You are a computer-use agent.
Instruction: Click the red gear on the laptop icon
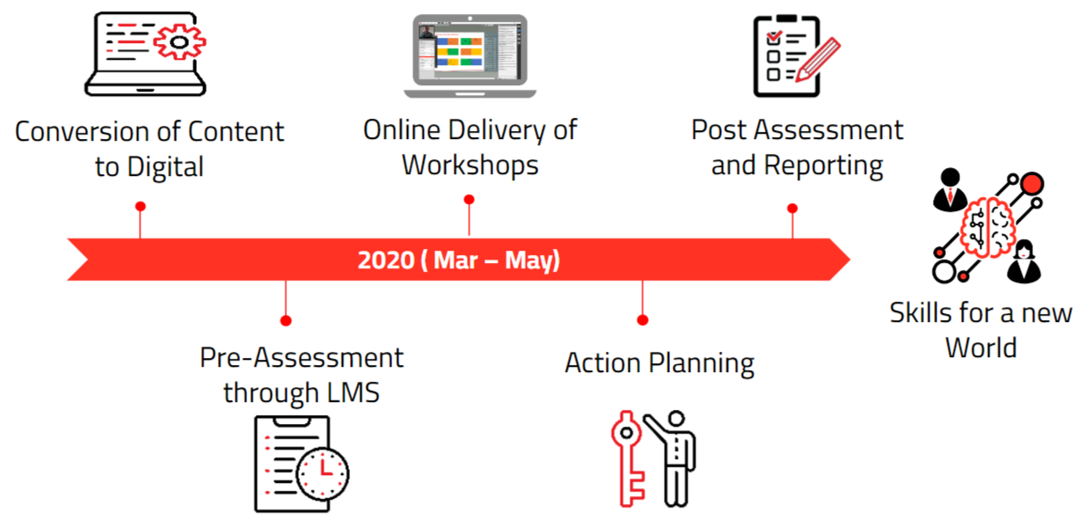pyautogui.click(x=179, y=41)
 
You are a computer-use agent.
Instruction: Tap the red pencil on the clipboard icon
pyautogui.click(x=818, y=60)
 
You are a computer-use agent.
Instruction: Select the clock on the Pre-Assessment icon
pyautogui.click(x=323, y=474)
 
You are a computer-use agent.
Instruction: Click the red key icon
pyautogui.click(x=627, y=458)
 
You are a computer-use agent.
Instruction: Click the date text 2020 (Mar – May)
pyautogui.click(x=458, y=259)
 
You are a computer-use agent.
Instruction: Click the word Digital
pyautogui.click(x=165, y=168)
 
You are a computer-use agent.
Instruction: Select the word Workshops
pyautogui.click(x=470, y=165)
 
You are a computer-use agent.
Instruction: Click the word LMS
pyautogui.click(x=353, y=392)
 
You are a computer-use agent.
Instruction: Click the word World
pyautogui.click(x=981, y=347)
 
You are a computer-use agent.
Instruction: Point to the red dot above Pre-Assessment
pyautogui.click(x=286, y=321)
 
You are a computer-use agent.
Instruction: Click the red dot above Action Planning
pyautogui.click(x=643, y=320)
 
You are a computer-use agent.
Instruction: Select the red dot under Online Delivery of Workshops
pyautogui.click(x=469, y=200)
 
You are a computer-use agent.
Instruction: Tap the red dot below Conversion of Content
pyautogui.click(x=141, y=207)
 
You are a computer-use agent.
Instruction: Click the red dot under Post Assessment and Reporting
pyautogui.click(x=792, y=208)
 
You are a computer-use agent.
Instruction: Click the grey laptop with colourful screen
pyautogui.click(x=470, y=55)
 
